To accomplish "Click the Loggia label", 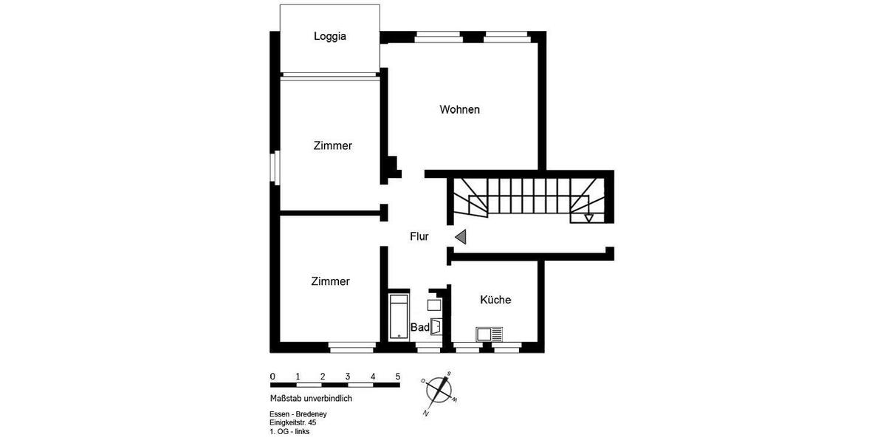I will coord(330,36).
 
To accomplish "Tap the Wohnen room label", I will coord(459,110).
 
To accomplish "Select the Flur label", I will coord(419,237).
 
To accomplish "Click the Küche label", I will coord(495,300).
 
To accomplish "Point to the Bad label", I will coord(419,327).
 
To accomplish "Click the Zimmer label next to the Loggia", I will coord(332,146).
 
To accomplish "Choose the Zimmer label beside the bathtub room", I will coord(330,281).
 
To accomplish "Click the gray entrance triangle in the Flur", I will coord(461,237).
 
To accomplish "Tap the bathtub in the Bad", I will coord(399,317).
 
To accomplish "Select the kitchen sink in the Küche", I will coord(490,334).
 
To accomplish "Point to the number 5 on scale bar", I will coord(398,376).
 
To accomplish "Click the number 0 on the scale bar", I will coord(272,376).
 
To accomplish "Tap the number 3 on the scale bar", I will coord(348,376).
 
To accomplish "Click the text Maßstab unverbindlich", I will coord(311,398).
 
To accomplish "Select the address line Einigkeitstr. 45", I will coord(293,423).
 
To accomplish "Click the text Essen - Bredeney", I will coord(298,414).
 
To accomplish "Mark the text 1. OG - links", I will coord(290,432).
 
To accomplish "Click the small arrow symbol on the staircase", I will coord(588,218).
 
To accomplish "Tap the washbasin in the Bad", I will coord(436,326).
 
